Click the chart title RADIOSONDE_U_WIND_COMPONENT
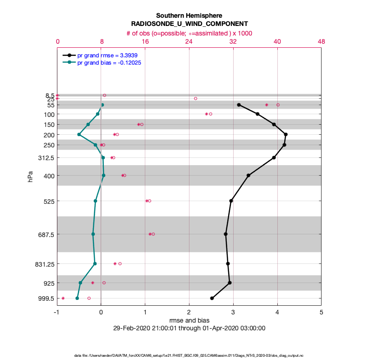point(189,24)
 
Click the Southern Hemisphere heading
point(189,15)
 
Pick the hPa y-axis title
point(31,176)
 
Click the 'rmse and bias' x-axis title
point(189,320)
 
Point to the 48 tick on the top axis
point(321,41)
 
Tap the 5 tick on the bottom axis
point(321,313)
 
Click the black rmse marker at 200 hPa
point(286,134)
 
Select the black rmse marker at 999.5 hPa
point(212,298)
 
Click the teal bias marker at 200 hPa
point(79,134)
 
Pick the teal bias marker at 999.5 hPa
point(77,298)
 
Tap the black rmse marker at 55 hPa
point(239,105)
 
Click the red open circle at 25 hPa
point(195,98)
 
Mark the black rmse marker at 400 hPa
point(248,175)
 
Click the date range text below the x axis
point(189,328)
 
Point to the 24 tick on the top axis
point(189,41)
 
